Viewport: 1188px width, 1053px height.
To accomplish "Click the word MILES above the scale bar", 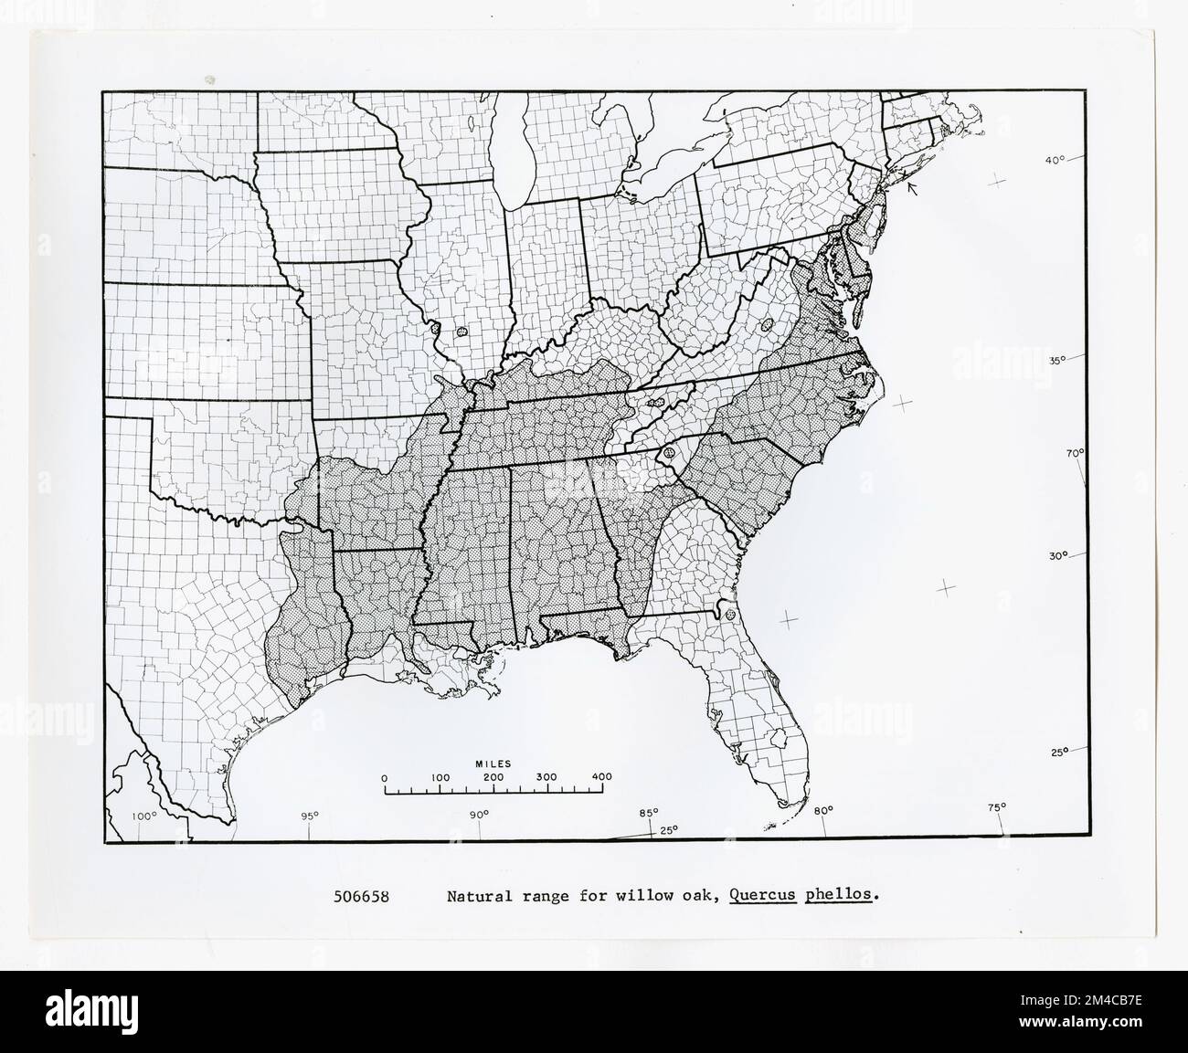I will pos(493,763).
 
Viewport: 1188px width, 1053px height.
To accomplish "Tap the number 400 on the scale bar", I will pos(601,777).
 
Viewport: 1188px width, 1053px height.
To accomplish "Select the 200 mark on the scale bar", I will pos(493,777).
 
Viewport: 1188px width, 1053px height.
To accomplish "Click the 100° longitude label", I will pos(145,816).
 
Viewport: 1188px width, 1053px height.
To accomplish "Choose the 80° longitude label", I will pos(823,810).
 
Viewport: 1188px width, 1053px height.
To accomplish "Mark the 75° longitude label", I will pos(996,806).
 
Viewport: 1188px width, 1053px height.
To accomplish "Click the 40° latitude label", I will pos(1056,161).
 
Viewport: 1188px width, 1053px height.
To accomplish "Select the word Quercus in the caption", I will pos(763,896).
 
